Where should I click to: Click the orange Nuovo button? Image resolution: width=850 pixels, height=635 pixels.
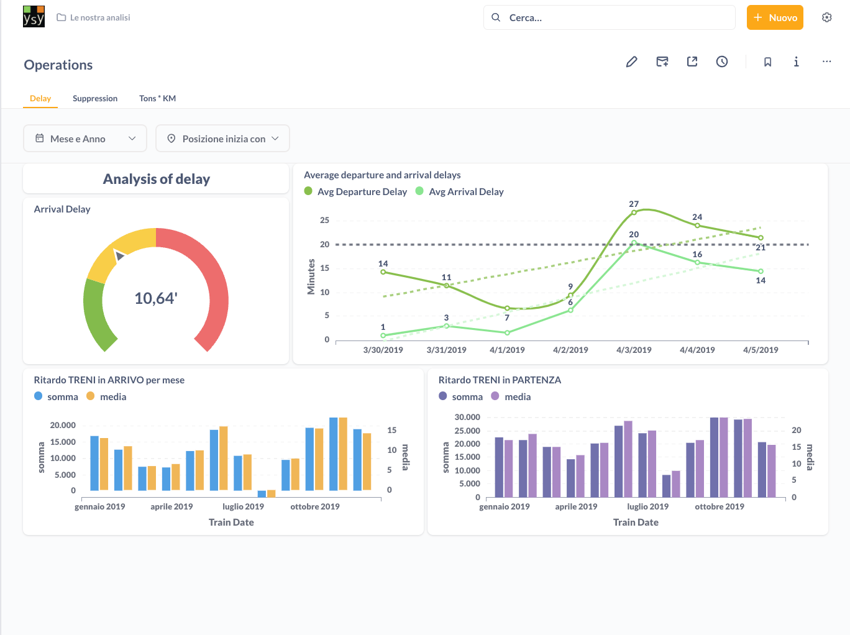coord(775,17)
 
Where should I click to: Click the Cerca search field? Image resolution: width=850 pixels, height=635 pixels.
coord(609,17)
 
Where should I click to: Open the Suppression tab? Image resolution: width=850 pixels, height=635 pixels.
coord(95,98)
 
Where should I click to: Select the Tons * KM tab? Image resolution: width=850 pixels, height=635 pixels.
coord(157,98)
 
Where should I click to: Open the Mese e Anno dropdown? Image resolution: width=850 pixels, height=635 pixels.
coord(85,139)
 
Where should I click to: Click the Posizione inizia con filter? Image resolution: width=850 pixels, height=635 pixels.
coord(222,139)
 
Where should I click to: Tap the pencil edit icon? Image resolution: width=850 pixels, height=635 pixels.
coord(631,62)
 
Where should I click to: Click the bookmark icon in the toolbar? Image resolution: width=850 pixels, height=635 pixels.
coord(767,62)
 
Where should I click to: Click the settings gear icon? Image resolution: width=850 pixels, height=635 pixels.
coord(826,17)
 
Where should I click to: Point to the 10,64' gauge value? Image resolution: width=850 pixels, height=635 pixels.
coord(156,298)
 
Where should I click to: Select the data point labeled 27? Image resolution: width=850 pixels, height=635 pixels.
coord(634,212)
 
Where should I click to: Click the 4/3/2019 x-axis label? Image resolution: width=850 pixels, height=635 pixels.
coord(634,350)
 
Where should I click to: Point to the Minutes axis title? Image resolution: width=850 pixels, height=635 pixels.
coord(311,277)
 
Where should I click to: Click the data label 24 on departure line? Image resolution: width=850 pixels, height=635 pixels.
coord(697,217)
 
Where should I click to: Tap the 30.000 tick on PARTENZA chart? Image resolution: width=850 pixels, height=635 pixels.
coord(467,417)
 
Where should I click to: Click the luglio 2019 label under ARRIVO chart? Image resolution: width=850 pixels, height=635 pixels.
coord(243,506)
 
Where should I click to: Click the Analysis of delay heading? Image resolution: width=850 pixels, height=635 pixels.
coord(156,179)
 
